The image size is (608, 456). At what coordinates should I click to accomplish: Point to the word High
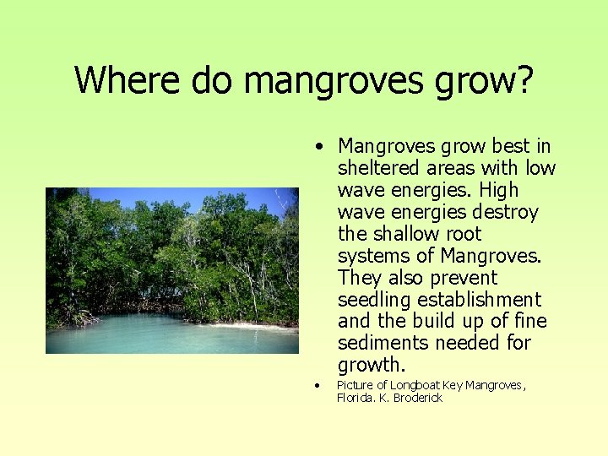499,190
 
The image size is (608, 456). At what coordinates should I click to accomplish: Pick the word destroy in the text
504,212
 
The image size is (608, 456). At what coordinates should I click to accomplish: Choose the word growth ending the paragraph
369,366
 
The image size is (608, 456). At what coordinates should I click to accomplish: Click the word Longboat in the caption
415,386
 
